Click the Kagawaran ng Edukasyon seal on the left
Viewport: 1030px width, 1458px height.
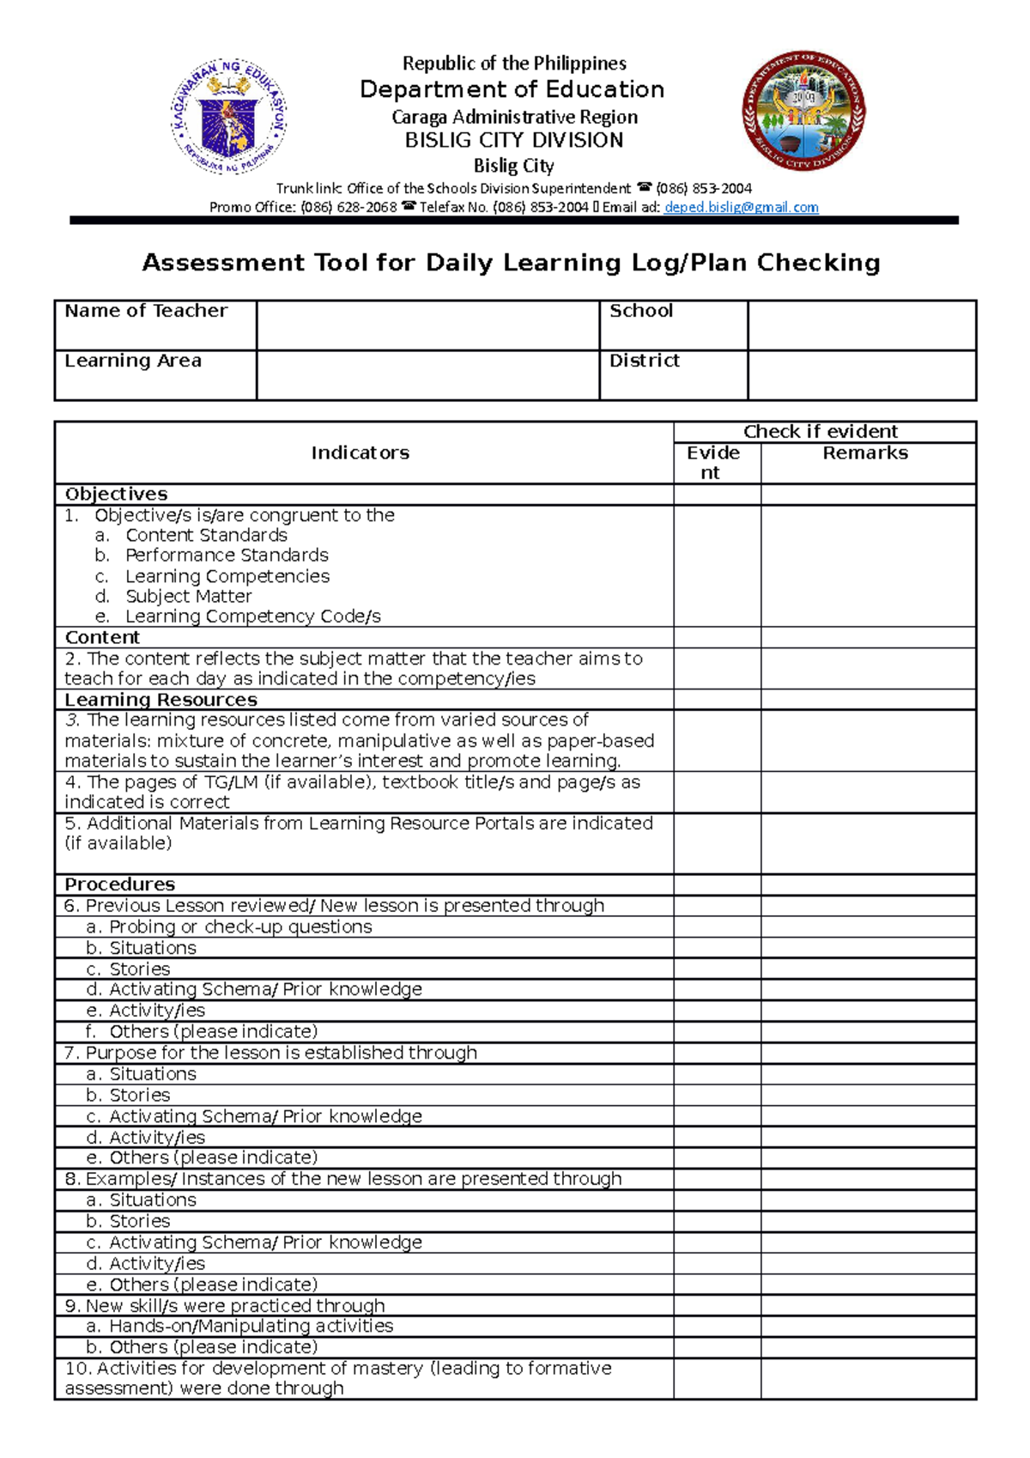tap(228, 116)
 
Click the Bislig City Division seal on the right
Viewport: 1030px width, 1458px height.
tap(803, 110)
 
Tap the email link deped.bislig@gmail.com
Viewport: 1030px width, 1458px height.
tap(741, 207)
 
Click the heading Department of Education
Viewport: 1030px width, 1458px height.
tap(512, 89)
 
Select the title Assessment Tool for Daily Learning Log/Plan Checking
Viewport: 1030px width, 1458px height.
tap(512, 263)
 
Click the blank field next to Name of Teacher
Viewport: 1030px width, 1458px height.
tap(427, 325)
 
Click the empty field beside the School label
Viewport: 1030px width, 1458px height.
tap(861, 325)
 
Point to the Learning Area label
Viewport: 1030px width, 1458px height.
tap(133, 361)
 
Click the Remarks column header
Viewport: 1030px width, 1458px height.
tap(865, 453)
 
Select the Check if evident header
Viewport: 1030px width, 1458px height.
tap(821, 431)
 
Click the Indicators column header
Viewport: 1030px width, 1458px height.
tap(360, 453)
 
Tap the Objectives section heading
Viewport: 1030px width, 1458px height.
tap(117, 494)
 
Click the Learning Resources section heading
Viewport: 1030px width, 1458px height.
tap(161, 700)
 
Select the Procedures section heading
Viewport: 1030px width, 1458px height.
tap(120, 884)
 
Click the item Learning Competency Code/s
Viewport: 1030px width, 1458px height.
tap(252, 617)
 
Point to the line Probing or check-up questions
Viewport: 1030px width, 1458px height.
tap(230, 926)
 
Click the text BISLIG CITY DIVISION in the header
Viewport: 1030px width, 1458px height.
tap(514, 140)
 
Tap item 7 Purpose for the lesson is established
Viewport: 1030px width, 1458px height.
tap(271, 1053)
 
